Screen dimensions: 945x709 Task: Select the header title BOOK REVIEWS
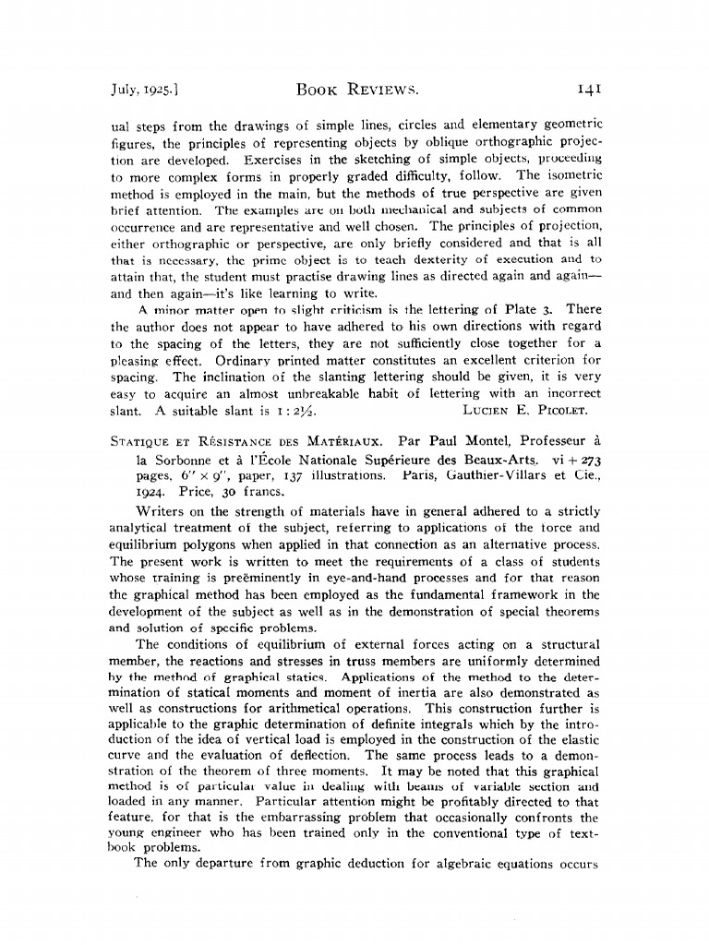click(355, 90)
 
